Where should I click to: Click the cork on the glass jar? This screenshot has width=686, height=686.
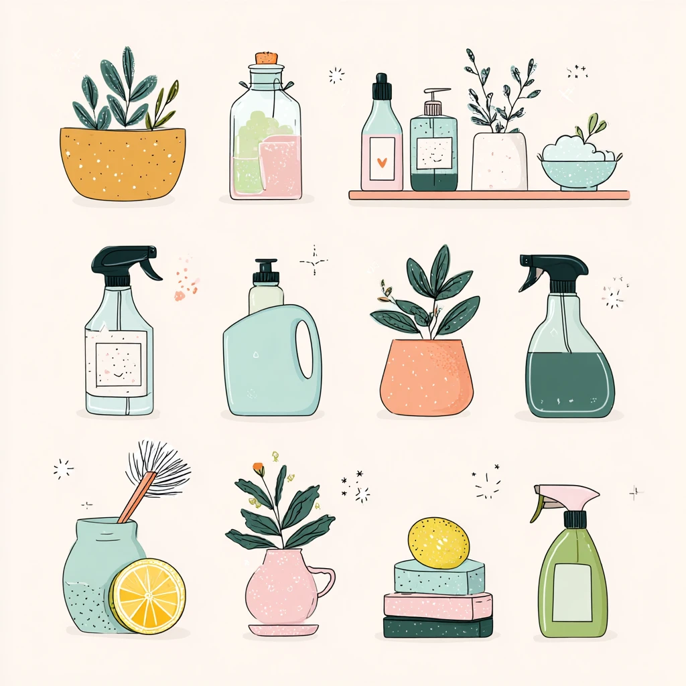(x=267, y=58)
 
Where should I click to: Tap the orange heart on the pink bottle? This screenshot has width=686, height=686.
(x=382, y=161)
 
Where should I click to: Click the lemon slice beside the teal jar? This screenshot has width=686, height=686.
(x=147, y=596)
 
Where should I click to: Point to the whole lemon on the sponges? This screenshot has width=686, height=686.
(x=438, y=542)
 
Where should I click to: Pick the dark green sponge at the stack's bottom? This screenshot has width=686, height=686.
(x=437, y=627)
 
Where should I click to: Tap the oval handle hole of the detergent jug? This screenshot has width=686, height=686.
(x=304, y=349)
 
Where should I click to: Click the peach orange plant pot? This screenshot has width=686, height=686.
(x=426, y=378)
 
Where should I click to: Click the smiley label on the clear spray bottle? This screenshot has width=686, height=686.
(x=117, y=364)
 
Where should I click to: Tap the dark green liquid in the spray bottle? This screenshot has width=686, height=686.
(x=569, y=384)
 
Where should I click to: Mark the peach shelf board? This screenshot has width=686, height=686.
(x=488, y=195)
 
